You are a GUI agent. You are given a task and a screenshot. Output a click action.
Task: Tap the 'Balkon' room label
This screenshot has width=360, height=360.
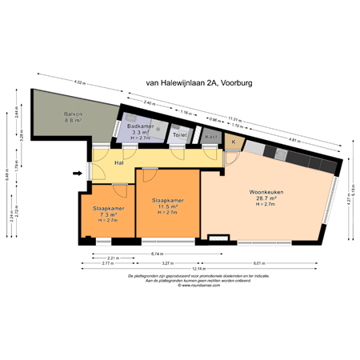click(74, 114)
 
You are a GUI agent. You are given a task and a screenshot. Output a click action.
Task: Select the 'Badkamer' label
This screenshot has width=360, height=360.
click(141, 126)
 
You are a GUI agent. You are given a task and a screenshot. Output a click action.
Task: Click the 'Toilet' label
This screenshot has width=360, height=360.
click(180, 136)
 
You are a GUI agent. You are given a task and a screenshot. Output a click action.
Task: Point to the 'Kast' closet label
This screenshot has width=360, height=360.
click(211, 137)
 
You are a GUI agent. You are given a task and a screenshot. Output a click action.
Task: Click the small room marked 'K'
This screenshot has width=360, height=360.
click(234, 142)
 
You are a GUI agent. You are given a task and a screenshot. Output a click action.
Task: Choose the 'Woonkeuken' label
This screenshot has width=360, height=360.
click(266, 192)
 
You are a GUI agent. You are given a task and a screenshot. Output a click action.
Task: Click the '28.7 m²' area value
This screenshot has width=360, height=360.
click(266, 198)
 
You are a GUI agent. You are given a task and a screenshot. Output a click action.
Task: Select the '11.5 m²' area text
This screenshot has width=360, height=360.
click(167, 206)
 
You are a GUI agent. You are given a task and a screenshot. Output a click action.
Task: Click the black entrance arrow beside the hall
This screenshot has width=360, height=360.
click(78, 172)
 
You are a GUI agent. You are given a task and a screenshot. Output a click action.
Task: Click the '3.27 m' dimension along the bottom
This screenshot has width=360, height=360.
click(167, 263)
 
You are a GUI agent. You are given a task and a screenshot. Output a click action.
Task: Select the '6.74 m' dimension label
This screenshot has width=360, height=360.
click(158, 254)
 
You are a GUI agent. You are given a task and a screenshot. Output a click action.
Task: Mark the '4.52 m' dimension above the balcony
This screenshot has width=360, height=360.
click(79, 82)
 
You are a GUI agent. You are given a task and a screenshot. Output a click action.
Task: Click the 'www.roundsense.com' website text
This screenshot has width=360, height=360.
click(197, 285)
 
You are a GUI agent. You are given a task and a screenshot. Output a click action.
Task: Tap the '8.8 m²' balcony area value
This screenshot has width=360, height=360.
click(74, 120)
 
